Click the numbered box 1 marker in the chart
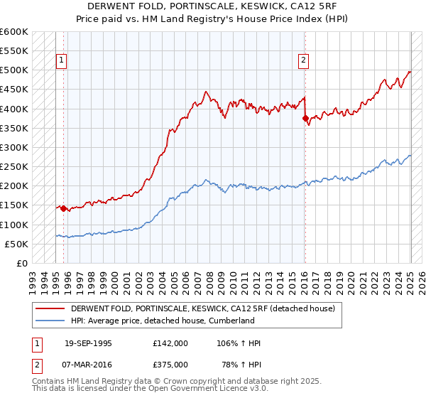click(62, 61)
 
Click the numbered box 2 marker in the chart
click(303, 61)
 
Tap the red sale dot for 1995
click(63, 208)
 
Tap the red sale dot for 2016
click(306, 119)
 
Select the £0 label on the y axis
click(23, 263)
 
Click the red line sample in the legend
click(50, 308)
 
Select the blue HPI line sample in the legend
click(50, 321)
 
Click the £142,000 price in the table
click(170, 343)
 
